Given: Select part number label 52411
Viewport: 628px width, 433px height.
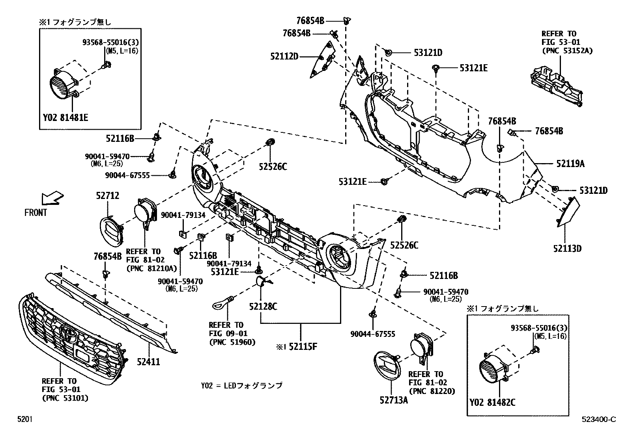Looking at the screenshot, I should (x=148, y=361).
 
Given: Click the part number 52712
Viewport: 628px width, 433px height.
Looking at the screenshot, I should (x=108, y=195).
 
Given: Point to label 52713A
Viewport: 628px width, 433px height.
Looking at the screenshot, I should (x=393, y=400).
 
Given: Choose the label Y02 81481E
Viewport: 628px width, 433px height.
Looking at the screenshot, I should (x=66, y=117).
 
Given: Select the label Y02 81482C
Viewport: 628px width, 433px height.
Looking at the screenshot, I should (x=493, y=403).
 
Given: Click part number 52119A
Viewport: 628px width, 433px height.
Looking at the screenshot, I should (x=570, y=163).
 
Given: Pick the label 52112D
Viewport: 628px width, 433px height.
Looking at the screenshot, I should (x=284, y=56).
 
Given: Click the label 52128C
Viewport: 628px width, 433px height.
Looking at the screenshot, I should (x=263, y=306).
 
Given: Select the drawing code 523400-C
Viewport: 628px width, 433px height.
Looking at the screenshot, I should (x=598, y=420).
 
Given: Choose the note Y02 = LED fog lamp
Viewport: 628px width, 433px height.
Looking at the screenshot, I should (x=241, y=385).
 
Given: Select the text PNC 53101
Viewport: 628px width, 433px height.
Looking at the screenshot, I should (x=65, y=398).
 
